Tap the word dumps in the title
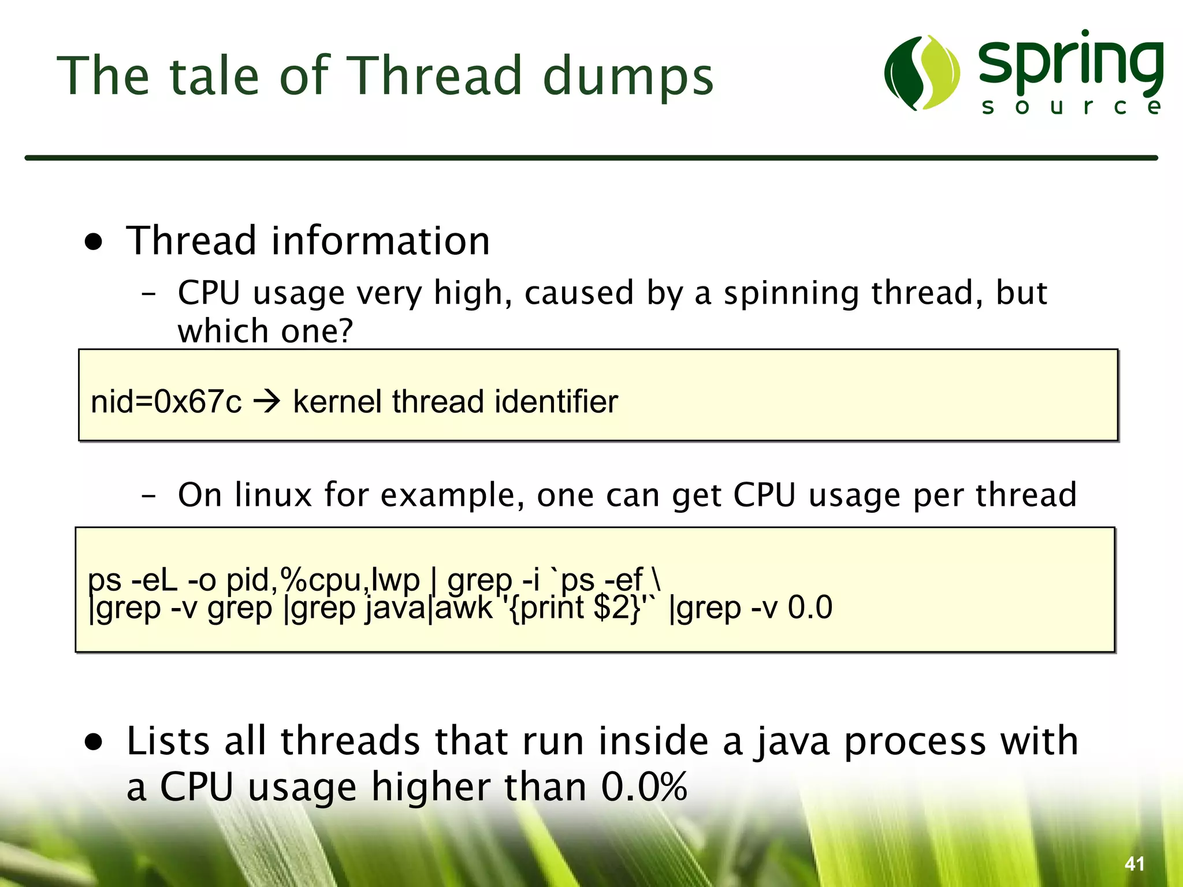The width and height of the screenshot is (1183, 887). click(x=628, y=78)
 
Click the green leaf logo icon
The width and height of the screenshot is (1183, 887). click(x=922, y=73)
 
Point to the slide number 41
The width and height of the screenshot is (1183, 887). click(x=1134, y=864)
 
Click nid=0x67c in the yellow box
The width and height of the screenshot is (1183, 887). click(x=166, y=402)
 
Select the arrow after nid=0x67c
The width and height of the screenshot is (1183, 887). click(x=267, y=401)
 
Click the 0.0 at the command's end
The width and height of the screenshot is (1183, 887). click(x=810, y=608)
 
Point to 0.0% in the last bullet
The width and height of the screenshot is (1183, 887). click(x=643, y=787)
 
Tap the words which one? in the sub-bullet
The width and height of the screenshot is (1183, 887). click(x=265, y=331)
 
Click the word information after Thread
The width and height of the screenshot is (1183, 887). click(x=380, y=241)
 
